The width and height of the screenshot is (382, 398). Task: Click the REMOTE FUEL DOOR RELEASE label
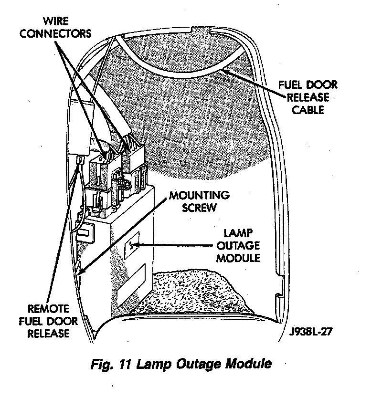[x=49, y=320]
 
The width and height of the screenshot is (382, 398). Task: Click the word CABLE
[x=308, y=110]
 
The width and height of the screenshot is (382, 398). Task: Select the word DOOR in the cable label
[x=321, y=86]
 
